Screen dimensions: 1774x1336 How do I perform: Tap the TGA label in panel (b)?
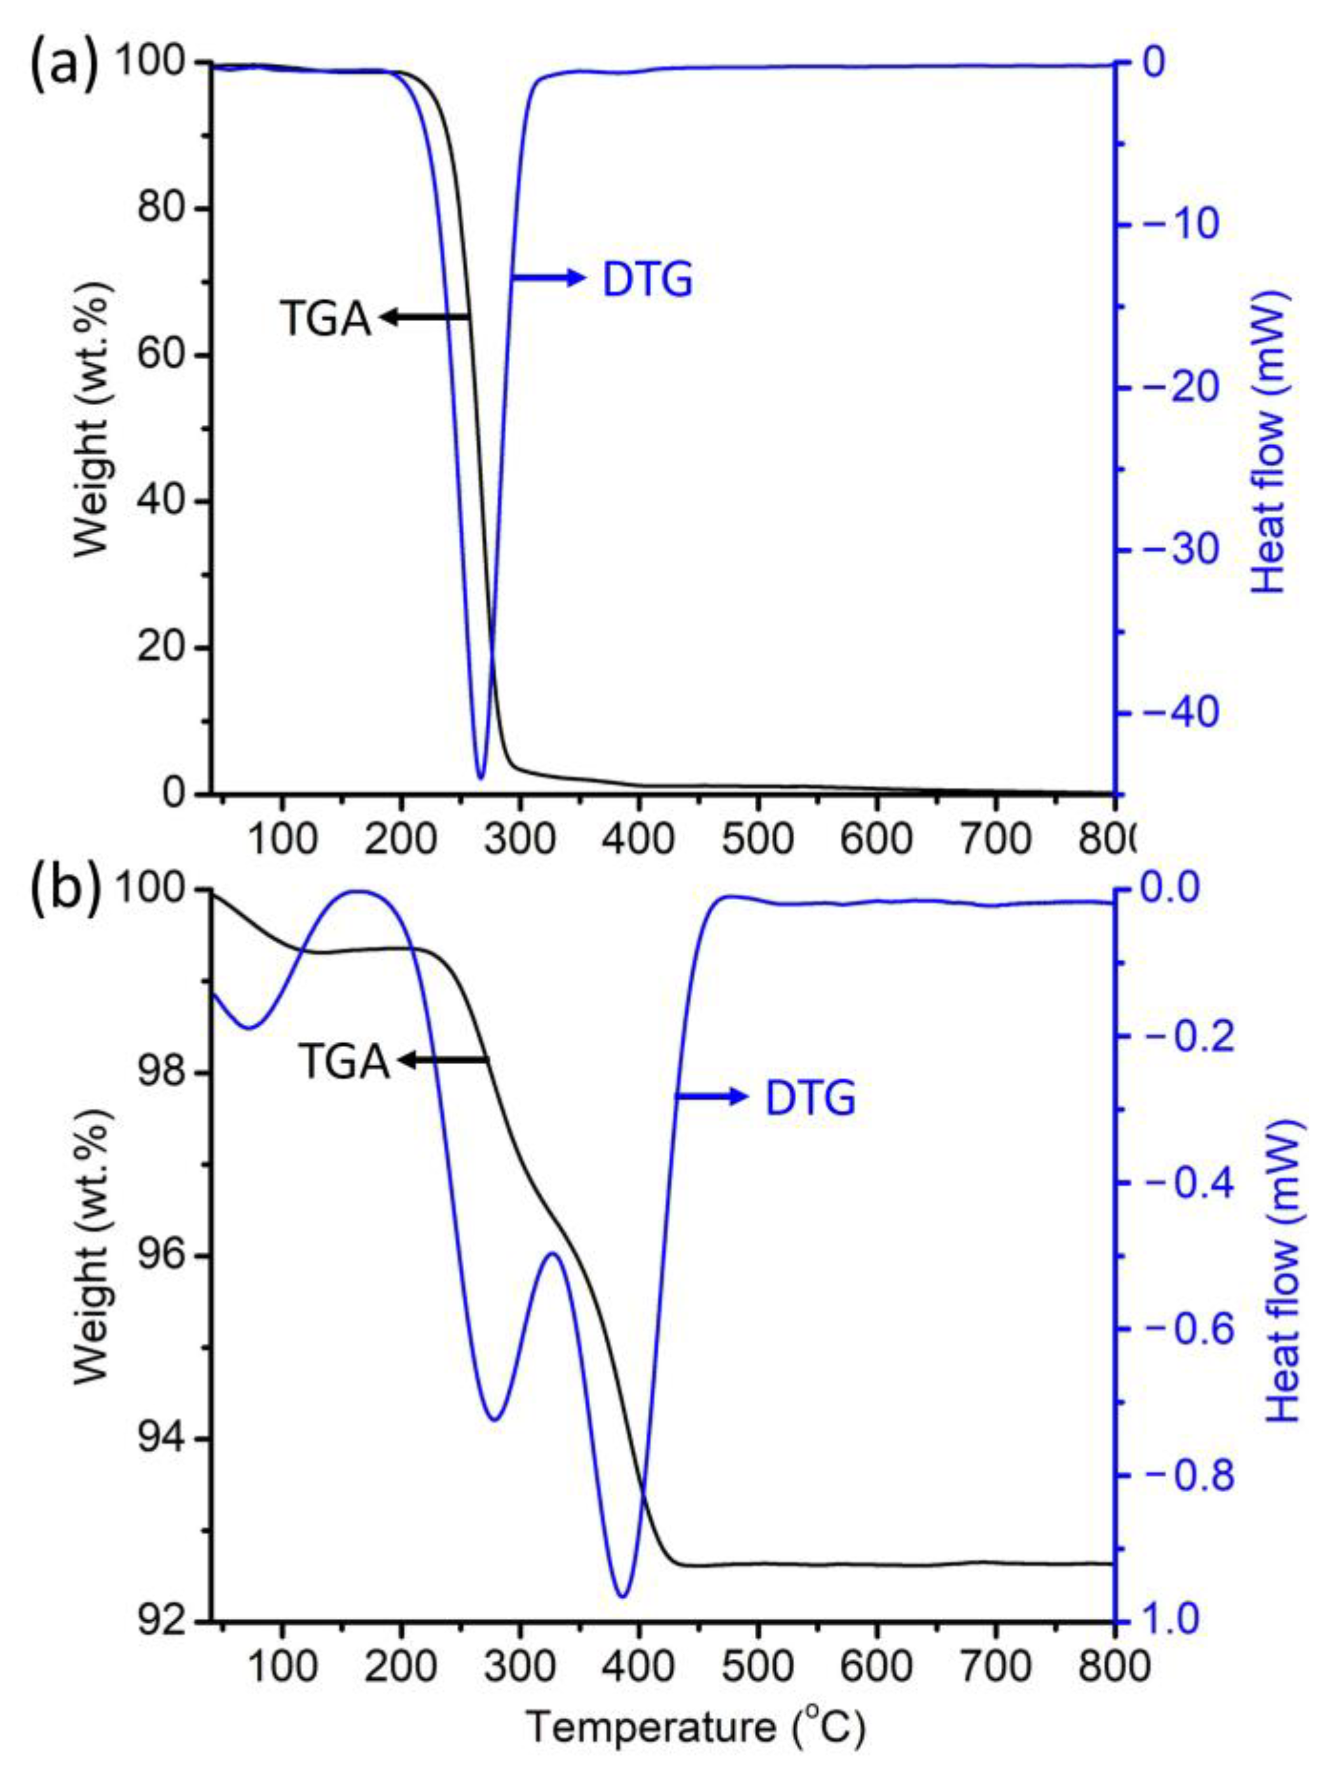click(344, 1063)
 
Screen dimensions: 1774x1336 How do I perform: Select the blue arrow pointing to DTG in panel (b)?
click(710, 1097)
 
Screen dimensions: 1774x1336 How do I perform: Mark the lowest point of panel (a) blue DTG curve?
click(480, 778)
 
